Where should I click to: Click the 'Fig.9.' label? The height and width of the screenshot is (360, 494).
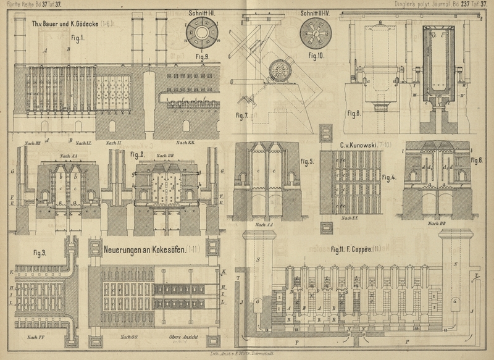(203, 56)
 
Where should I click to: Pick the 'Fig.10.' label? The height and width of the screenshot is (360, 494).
(314, 56)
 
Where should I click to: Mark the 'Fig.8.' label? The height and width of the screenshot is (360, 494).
(353, 113)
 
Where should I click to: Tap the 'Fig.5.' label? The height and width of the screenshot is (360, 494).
(308, 162)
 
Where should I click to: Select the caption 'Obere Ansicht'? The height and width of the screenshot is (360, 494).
(186, 337)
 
